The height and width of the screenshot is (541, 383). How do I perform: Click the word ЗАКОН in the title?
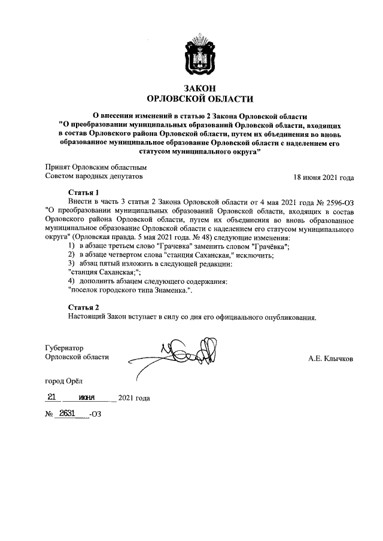[200, 88]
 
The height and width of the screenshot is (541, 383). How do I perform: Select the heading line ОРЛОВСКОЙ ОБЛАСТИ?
[200, 99]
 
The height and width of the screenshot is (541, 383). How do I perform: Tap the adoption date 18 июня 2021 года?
[323, 178]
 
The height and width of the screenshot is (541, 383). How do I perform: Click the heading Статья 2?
[83, 307]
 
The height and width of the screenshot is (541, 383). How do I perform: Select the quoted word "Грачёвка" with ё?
[270, 246]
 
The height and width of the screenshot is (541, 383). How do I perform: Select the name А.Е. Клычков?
[330, 359]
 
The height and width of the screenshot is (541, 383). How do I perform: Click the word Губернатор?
[64, 348]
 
